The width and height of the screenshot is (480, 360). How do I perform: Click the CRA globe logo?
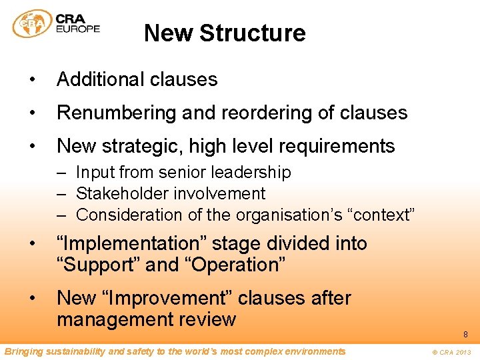click(32, 25)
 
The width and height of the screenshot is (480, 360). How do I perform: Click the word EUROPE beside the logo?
click(78, 29)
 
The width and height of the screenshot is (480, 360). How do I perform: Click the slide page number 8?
click(465, 334)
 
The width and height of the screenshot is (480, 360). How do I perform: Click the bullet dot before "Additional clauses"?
click(31, 80)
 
